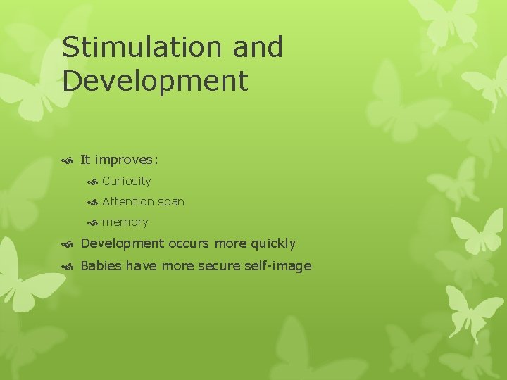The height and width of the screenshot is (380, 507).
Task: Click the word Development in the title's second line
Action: click(x=155, y=80)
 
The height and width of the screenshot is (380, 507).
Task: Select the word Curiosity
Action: click(x=126, y=181)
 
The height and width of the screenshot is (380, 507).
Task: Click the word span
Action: click(x=171, y=201)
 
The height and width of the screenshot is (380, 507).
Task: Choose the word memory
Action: click(x=125, y=222)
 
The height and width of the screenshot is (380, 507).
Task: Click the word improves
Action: click(x=131, y=160)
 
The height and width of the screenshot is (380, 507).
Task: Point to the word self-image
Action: click(x=280, y=265)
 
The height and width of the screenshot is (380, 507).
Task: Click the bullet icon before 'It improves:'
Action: click(x=68, y=160)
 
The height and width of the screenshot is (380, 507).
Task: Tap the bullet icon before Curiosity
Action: click(x=92, y=182)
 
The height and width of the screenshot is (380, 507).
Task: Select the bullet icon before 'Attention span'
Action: click(x=92, y=202)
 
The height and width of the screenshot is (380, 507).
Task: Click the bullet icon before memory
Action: click(x=92, y=223)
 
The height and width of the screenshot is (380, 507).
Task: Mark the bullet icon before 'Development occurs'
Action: click(x=68, y=244)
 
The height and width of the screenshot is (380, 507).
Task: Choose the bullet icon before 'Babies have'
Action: click(x=68, y=266)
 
